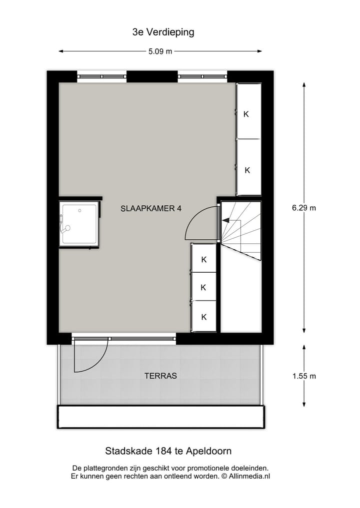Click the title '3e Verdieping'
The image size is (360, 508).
coord(163,32)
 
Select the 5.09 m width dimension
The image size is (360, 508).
coord(160,51)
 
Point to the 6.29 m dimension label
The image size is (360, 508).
coord(304,208)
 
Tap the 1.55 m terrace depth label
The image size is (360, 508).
coord(304,376)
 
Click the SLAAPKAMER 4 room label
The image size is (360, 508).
coord(151,209)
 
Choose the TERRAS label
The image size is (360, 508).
coord(160,376)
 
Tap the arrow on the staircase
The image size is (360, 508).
coord(226,220)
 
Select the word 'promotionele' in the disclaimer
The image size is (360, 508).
coord(212,468)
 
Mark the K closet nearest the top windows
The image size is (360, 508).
coord(246,114)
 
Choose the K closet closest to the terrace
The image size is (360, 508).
coord(203,317)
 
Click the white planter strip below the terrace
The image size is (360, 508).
coord(160,417)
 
